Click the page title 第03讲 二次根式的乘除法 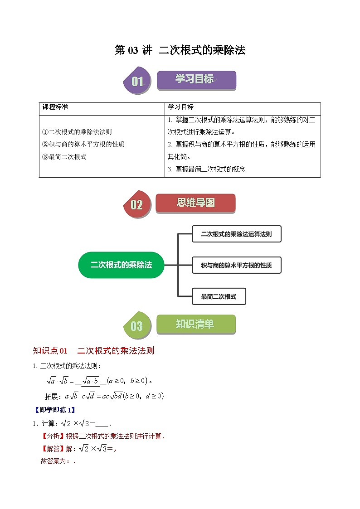tap(180, 50)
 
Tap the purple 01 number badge tap(137, 82)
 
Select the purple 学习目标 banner tap(196, 79)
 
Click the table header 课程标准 tap(55, 107)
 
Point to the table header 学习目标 tap(181, 107)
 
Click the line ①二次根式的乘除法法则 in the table tap(77, 132)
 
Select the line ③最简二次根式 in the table tap(64, 157)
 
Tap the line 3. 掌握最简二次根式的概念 tap(206, 169)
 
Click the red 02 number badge tap(136, 205)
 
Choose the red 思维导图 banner tap(195, 203)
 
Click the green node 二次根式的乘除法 tap(121, 265)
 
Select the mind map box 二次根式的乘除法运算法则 tap(236, 234)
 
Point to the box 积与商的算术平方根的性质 tap(236, 265)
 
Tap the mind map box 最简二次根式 tap(219, 296)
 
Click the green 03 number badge tap(136, 326)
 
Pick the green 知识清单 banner tap(195, 324)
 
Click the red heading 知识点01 tap(50, 350)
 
